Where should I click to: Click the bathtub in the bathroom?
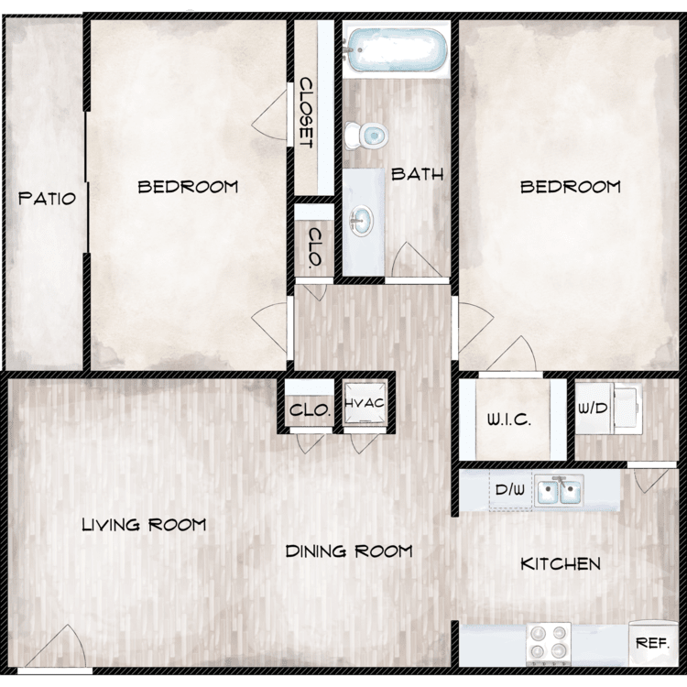396,49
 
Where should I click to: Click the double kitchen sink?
560,490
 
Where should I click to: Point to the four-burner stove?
548,642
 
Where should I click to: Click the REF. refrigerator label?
652,643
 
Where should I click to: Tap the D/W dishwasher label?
509,489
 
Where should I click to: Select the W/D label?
593,409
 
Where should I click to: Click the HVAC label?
365,403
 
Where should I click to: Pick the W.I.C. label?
509,420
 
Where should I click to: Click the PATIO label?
47,199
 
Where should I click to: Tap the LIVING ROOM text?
144,525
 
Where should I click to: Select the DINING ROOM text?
349,551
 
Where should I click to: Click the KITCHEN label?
561,563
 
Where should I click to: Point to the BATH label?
417,174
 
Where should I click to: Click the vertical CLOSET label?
306,113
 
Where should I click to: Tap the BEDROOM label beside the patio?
188,187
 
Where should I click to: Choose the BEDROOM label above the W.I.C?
571,187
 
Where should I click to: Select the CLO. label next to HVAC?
310,410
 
